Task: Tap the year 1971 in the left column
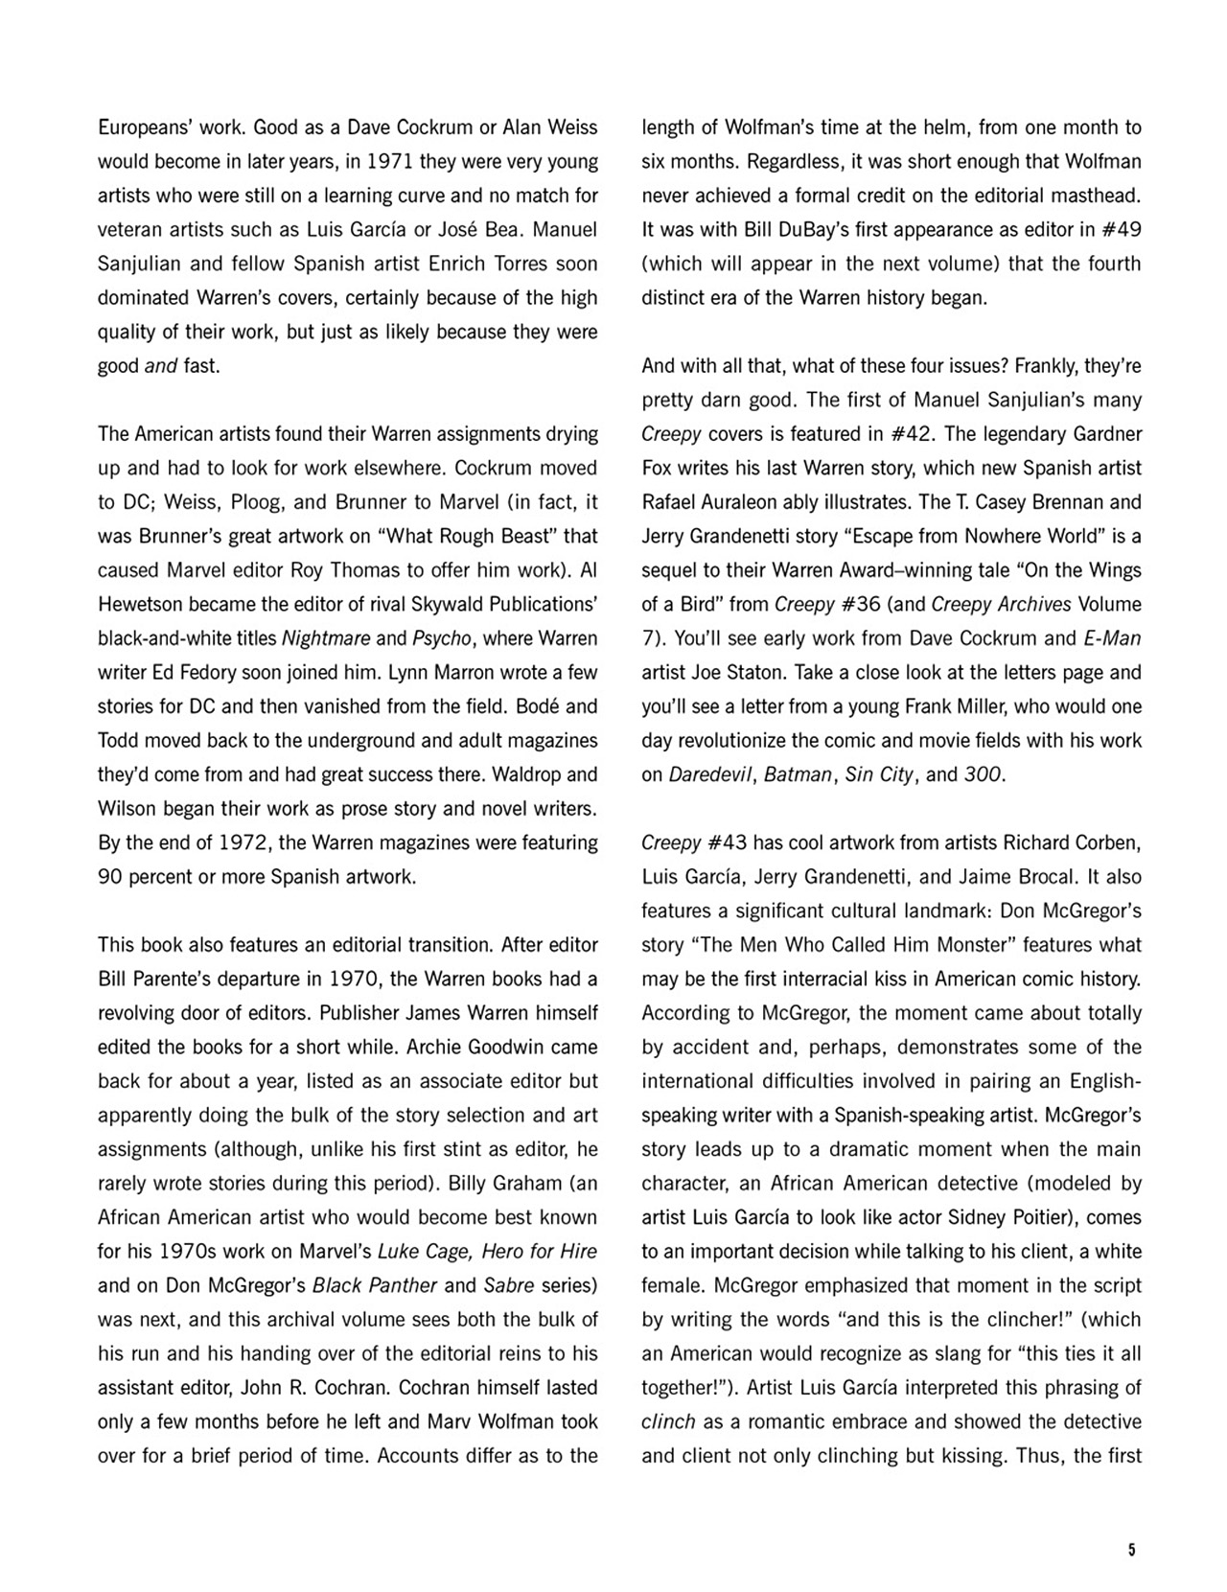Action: (384, 161)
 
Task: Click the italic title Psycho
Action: (437, 638)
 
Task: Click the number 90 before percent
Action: (112, 877)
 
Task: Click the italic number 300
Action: (983, 774)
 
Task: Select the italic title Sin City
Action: (879, 774)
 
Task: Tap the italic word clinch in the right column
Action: (667, 1422)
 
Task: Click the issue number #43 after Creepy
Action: (729, 842)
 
